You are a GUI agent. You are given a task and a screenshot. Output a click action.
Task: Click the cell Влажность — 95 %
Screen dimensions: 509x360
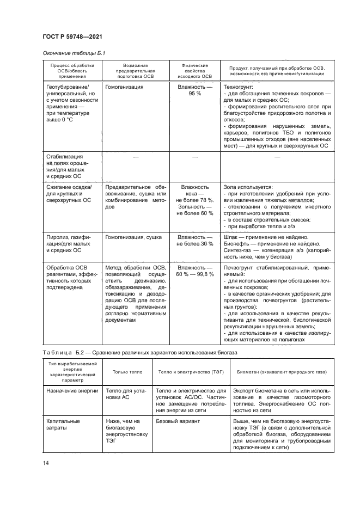(x=194, y=90)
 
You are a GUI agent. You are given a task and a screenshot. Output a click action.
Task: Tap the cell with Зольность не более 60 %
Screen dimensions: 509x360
(x=194, y=210)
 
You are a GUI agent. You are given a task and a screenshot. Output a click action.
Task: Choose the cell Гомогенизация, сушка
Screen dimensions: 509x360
(x=132, y=237)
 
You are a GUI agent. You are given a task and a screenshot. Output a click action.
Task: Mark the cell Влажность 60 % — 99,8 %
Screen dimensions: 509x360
(x=194, y=271)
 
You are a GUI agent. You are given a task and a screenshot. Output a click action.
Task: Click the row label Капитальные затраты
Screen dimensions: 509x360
(x=62, y=425)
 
